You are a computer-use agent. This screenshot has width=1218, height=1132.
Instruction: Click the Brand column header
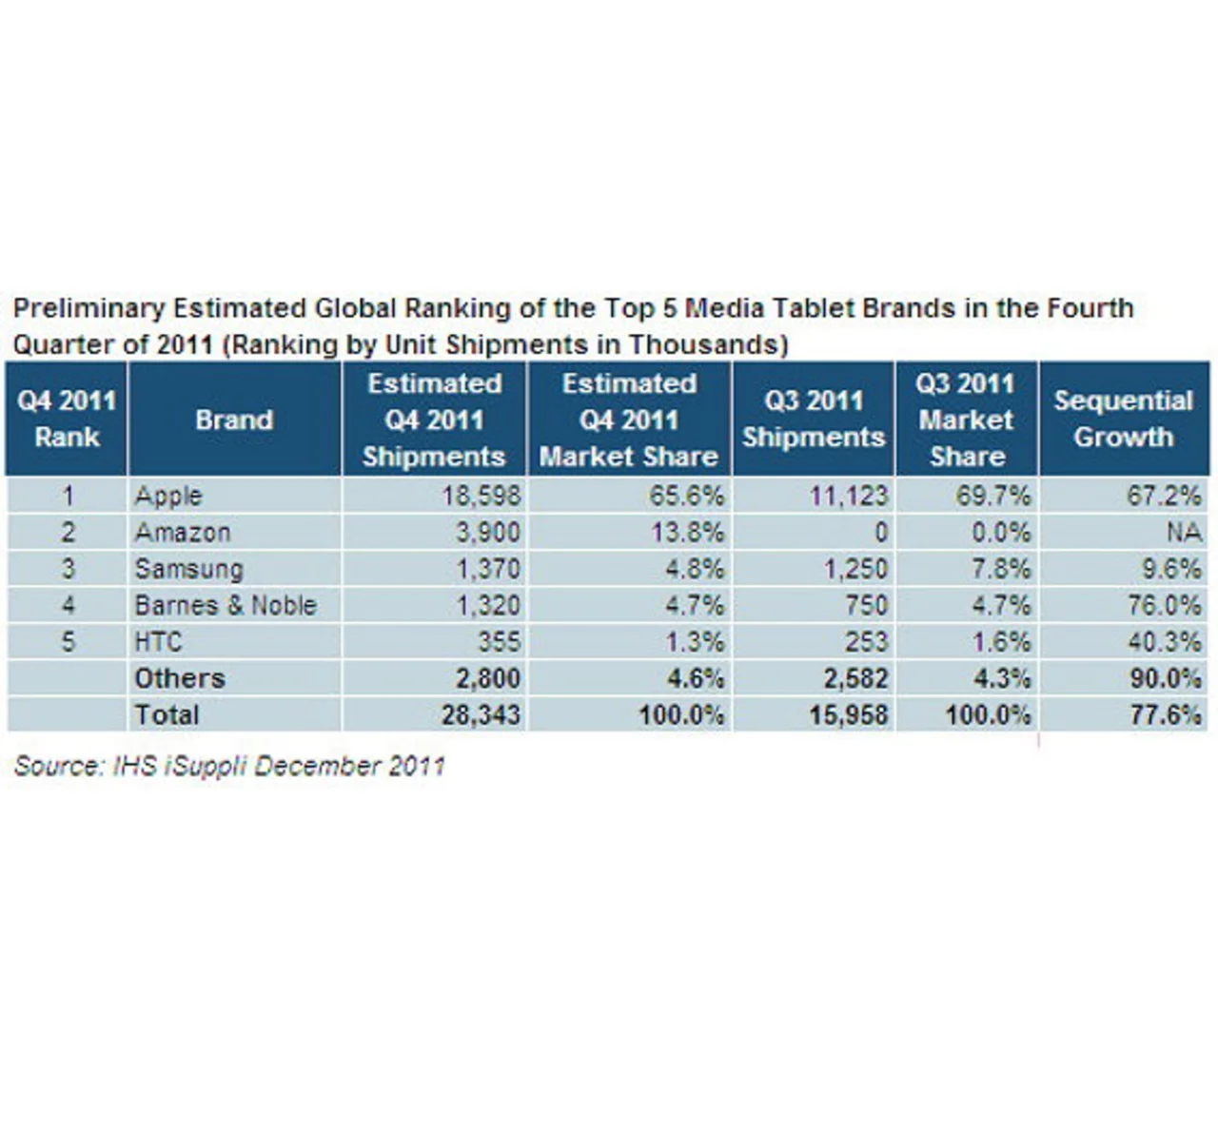234,420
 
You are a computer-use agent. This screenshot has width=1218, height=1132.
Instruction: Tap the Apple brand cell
168,496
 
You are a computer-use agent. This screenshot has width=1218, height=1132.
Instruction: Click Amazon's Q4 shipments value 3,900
488,532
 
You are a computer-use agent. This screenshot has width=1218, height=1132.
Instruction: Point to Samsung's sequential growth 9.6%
1170,569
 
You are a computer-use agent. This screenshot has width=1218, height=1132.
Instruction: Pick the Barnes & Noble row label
226,605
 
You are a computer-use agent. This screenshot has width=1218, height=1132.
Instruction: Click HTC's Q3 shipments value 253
866,641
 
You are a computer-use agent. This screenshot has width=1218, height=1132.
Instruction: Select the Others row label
180,678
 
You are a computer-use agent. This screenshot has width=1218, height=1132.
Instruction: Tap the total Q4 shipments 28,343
481,714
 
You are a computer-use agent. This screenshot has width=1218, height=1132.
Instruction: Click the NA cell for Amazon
1184,532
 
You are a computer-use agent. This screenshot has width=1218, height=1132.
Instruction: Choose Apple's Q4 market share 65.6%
686,496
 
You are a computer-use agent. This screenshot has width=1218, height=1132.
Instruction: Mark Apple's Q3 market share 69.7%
992,496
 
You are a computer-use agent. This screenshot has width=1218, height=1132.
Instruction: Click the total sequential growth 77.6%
1166,714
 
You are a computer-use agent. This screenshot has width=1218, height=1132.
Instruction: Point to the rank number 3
69,569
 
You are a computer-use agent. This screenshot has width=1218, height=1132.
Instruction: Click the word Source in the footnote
60,766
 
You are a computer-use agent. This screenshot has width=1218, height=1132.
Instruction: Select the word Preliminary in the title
88,308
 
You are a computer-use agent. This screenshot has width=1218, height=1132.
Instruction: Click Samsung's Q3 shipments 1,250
855,569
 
